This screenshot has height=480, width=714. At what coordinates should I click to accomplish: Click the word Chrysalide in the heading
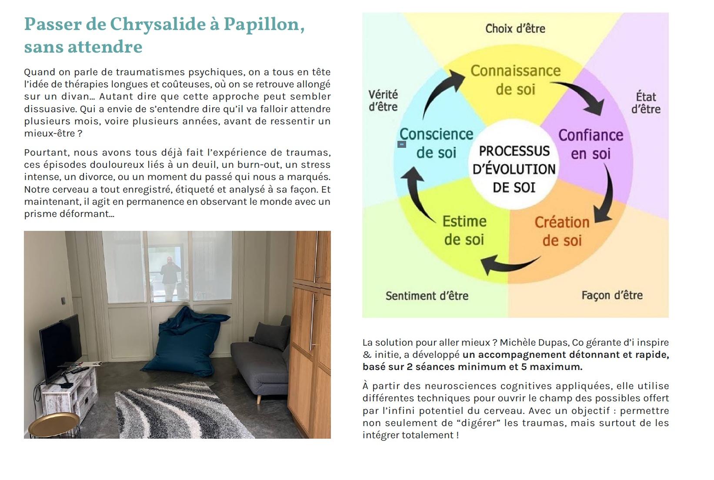[158, 25]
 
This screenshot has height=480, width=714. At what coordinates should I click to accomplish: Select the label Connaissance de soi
[515, 80]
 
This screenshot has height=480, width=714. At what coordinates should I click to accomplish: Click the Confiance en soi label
[591, 144]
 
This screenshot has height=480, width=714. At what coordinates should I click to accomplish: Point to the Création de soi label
[562, 231]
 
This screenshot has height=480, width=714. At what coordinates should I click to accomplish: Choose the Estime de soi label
[464, 230]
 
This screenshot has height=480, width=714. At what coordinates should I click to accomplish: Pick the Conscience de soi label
[437, 143]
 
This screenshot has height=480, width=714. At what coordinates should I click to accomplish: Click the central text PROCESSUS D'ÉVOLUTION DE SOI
[514, 169]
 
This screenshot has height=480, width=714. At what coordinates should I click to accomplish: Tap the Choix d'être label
[515, 29]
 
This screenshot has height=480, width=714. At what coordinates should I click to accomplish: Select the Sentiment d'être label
[427, 296]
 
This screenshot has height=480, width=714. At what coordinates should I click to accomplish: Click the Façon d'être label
[612, 295]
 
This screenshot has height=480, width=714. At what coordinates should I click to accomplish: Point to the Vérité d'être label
[383, 100]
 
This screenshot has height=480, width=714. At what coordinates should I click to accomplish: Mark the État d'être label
[646, 103]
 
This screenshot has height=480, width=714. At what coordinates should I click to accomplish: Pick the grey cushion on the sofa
[272, 336]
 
